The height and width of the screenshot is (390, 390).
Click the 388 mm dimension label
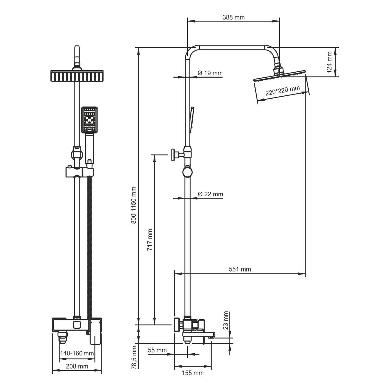point(233,17)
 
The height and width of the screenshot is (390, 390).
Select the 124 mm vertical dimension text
point(329,62)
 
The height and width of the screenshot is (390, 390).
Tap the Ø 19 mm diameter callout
point(210,73)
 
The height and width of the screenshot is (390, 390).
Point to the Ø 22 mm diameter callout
point(210,194)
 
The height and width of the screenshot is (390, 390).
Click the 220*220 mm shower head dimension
point(283,91)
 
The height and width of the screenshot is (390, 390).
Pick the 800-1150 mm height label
point(133,205)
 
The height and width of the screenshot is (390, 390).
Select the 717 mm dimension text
point(150,240)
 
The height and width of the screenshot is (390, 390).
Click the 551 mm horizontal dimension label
point(240,269)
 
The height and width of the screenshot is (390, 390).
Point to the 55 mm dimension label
point(157,350)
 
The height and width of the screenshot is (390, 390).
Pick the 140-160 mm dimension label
point(77,353)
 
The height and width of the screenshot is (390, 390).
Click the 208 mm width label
point(77,366)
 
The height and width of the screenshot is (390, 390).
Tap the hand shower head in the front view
point(89,120)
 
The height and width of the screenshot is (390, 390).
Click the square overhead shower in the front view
point(77,76)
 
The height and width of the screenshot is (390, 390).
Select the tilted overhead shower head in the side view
point(279,76)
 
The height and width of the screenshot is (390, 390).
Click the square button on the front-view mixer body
point(77,326)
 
